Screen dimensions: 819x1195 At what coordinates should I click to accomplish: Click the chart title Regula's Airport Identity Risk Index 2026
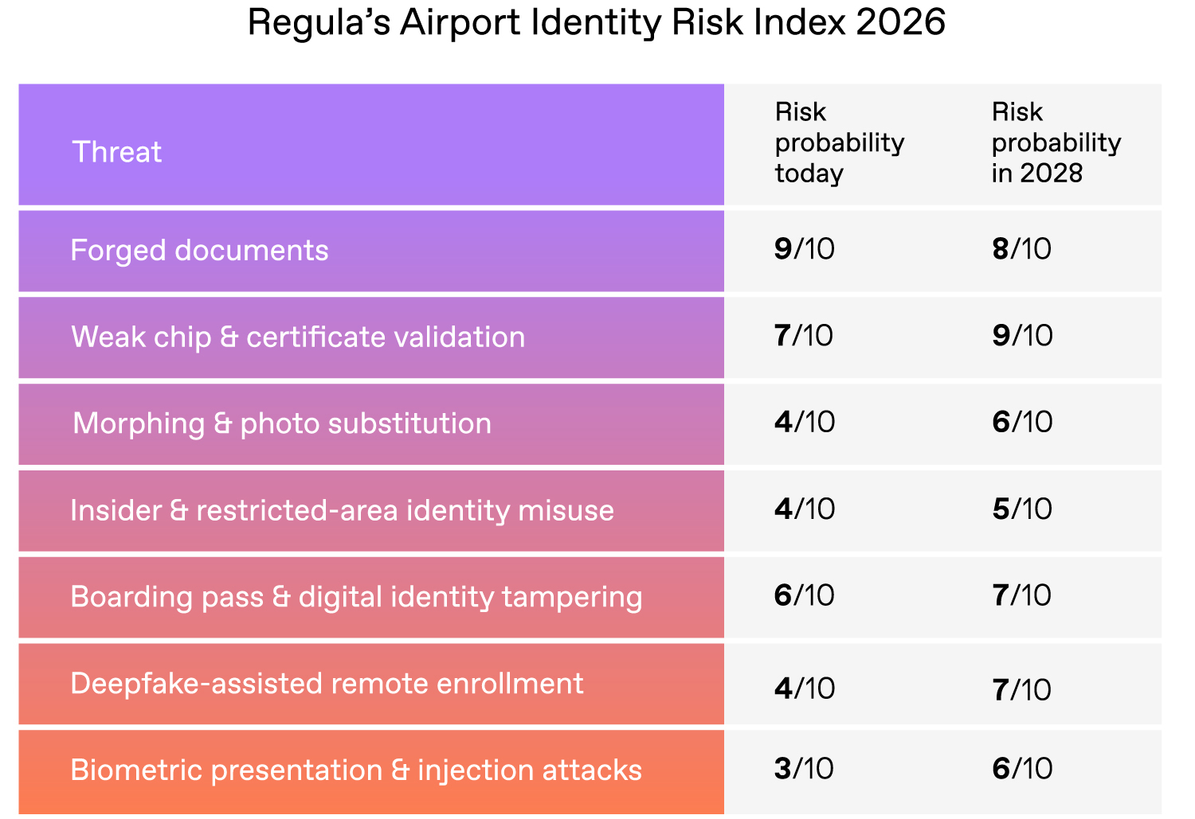point(596,22)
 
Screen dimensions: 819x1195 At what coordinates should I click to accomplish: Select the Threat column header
point(117,151)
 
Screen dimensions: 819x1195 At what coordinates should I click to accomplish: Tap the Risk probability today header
point(839,142)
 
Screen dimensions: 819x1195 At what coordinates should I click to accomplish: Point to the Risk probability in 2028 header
point(1056,142)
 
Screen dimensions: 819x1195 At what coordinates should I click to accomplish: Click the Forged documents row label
point(199,250)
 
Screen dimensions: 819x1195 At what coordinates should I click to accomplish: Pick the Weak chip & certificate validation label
point(298,337)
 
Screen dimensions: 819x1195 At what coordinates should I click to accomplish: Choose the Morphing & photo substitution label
point(282,423)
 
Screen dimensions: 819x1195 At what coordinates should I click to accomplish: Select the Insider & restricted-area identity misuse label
point(342,510)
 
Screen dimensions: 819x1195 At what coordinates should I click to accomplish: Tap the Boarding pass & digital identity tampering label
point(356,597)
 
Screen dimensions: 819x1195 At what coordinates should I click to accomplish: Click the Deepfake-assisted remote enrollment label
point(327,684)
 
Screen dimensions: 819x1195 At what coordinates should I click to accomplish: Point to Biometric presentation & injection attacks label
point(356,770)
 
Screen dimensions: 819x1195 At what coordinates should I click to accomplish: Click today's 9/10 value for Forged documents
point(804,249)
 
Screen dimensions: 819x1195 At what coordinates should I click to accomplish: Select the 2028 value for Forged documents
point(1021,249)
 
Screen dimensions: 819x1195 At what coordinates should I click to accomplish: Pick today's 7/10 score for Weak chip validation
point(803,336)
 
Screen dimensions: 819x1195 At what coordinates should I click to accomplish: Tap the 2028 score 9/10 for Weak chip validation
point(1022,336)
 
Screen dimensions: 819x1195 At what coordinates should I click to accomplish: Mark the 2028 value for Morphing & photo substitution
point(1022,422)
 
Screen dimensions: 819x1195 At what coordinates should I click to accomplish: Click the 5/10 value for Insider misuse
point(1022,509)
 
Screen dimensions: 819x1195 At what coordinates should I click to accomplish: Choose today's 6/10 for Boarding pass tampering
point(804,595)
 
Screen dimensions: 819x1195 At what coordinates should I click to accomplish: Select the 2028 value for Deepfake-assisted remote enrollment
point(1022,689)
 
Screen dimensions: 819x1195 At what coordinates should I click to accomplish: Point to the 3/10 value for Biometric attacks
point(804,769)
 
